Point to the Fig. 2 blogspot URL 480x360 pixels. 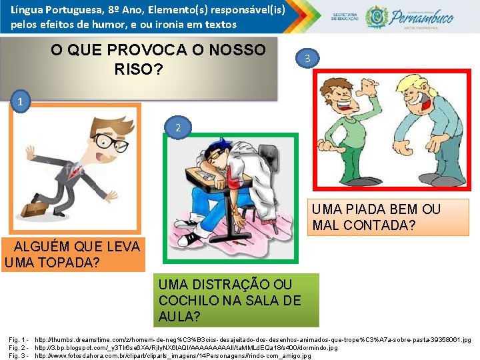tap(186, 348)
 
